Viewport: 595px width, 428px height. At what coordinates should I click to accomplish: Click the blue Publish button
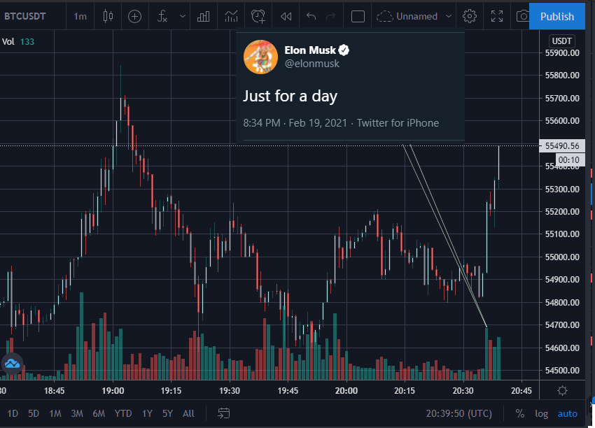pyautogui.click(x=556, y=16)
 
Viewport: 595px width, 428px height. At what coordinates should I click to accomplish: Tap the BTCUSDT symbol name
pyautogui.click(x=25, y=16)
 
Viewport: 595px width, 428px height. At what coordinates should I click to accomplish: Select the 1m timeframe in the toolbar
pyautogui.click(x=80, y=16)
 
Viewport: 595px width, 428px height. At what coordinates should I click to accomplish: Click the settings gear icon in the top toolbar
pyautogui.click(x=470, y=16)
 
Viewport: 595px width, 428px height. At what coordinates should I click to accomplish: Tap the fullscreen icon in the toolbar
pyautogui.click(x=497, y=16)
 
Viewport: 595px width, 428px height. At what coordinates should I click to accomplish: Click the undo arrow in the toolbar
pyautogui.click(x=311, y=16)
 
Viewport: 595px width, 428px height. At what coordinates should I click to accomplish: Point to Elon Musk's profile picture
pyautogui.click(x=260, y=57)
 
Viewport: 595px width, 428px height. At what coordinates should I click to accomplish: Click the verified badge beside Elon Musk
pyautogui.click(x=344, y=50)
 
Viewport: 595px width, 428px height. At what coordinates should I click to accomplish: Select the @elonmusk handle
pyautogui.click(x=312, y=64)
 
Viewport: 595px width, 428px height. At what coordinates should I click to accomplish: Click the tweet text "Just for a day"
pyautogui.click(x=290, y=97)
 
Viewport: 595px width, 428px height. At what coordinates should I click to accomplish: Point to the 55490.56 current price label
pyautogui.click(x=562, y=146)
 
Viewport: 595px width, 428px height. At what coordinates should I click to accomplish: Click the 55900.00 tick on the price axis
pyautogui.click(x=562, y=52)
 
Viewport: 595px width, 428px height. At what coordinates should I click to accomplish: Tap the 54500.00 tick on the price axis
pyautogui.click(x=562, y=371)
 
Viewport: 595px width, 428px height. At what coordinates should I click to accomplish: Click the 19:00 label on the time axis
pyautogui.click(x=113, y=391)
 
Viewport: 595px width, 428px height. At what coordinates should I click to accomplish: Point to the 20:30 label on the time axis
pyautogui.click(x=463, y=391)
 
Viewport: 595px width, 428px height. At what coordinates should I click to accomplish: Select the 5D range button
pyautogui.click(x=34, y=413)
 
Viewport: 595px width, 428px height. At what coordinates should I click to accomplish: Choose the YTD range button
pyautogui.click(x=123, y=413)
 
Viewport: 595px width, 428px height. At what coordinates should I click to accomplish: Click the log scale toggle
pyautogui.click(x=542, y=414)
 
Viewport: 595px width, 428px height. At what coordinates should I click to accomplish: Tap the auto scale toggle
pyautogui.click(x=567, y=414)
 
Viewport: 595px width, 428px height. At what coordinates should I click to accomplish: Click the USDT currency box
pyautogui.click(x=561, y=41)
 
